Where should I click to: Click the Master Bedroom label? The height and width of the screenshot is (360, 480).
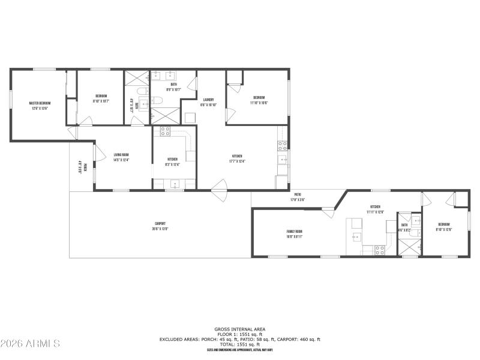pos(40,103)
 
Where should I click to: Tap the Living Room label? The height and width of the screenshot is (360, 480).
pos(122,154)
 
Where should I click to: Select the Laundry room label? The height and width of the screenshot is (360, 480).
pos(209,100)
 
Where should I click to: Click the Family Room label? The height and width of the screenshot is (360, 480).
pos(294,231)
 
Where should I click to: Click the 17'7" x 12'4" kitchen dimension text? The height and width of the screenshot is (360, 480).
pos(238,161)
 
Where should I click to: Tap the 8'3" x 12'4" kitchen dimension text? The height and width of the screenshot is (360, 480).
pos(172,164)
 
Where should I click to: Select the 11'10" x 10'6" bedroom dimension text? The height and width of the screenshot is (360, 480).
pos(259,103)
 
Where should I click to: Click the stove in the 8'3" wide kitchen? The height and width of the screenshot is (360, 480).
pos(165,131)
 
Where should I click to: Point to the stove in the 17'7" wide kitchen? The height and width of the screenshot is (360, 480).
pos(281,145)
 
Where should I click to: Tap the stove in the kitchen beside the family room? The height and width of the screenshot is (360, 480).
pos(379,250)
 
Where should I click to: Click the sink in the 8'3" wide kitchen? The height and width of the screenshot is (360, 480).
pos(175,184)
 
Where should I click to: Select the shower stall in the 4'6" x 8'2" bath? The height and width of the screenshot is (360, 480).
pos(410,246)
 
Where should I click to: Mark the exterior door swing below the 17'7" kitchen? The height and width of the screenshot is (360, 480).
pos(219,196)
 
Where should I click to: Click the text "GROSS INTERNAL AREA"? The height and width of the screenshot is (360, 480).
pos(240,329)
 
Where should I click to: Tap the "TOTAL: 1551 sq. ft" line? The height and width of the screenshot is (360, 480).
pos(240,344)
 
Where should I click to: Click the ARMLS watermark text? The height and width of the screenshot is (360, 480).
pos(30,344)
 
